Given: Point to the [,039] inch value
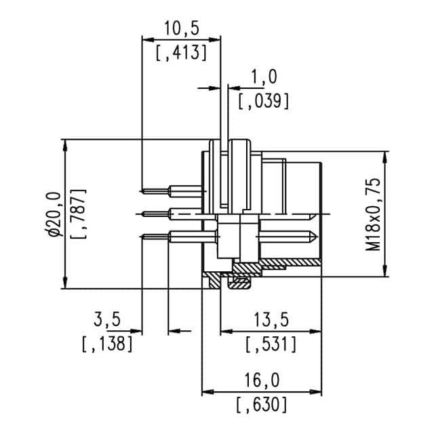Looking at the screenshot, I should pyautogui.click(x=264, y=101).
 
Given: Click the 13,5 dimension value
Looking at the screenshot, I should pyautogui.click(x=269, y=320).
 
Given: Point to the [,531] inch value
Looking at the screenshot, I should pyautogui.click(x=269, y=344).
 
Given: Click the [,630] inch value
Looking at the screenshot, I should pyautogui.click(x=262, y=405).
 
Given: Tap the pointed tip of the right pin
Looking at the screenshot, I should pyautogui.click(x=315, y=237).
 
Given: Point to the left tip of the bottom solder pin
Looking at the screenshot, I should pyautogui.click(x=141, y=236).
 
